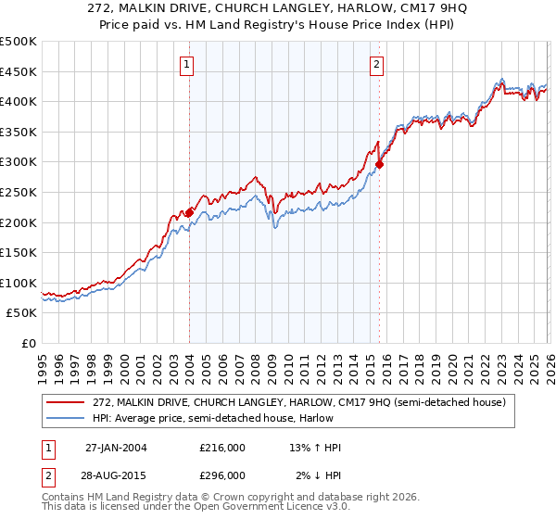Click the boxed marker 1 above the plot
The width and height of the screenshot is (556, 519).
188,64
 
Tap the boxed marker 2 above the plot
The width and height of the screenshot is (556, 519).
378,64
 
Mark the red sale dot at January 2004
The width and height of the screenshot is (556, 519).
189,212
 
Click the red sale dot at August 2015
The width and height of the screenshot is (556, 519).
379,164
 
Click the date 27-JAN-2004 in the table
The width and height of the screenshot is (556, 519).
116,448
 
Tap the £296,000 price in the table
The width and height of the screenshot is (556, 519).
221,475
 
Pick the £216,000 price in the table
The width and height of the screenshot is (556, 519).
221,448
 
